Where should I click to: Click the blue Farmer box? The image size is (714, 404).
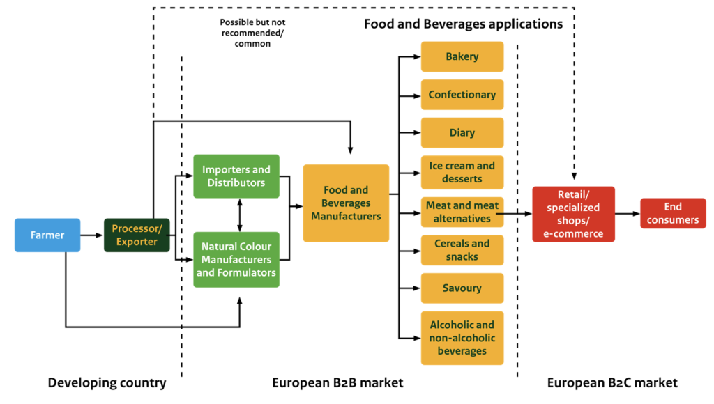point(47,235)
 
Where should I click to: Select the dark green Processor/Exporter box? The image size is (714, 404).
point(137,235)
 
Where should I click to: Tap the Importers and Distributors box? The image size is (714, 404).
point(236,176)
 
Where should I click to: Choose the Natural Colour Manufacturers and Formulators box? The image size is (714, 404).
point(236,260)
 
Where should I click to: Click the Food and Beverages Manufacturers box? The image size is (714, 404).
point(346,203)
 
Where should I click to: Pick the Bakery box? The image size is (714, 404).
point(462,56)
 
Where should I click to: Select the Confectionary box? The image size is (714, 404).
point(462,95)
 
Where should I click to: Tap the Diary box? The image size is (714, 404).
point(462,133)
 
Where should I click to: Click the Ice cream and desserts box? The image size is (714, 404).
point(462,172)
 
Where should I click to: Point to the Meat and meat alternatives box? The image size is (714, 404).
point(462,212)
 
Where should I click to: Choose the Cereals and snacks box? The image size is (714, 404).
point(462,250)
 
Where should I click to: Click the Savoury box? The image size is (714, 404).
point(462,288)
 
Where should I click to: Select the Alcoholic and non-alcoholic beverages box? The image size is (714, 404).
point(462,338)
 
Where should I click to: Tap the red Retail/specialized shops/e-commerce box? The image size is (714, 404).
point(573,214)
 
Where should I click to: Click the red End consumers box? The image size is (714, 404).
point(672,213)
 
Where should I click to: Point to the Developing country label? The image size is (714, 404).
point(107,383)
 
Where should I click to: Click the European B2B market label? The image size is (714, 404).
point(337,383)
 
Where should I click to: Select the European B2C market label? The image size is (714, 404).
point(612,383)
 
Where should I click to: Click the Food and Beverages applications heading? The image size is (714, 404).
point(463,24)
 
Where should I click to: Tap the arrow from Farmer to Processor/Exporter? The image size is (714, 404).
point(91,235)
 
